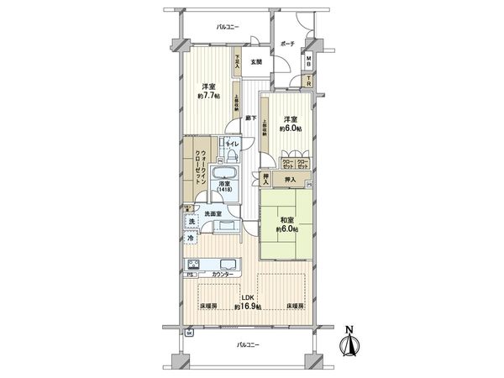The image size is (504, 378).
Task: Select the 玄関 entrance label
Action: coord(256,61)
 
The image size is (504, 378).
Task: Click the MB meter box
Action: coord(308,61)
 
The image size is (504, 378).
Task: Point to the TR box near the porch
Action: coord(308,81)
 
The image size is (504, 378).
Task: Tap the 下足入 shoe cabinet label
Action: coord(239,60)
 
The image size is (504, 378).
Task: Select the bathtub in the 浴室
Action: coord(228,176)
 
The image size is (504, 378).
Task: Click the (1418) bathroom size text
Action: coord(224,191)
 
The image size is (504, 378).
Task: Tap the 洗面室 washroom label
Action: coord(213,214)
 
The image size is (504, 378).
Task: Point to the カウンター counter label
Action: coord(222,276)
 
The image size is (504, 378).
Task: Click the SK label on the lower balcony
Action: coord(189,334)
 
